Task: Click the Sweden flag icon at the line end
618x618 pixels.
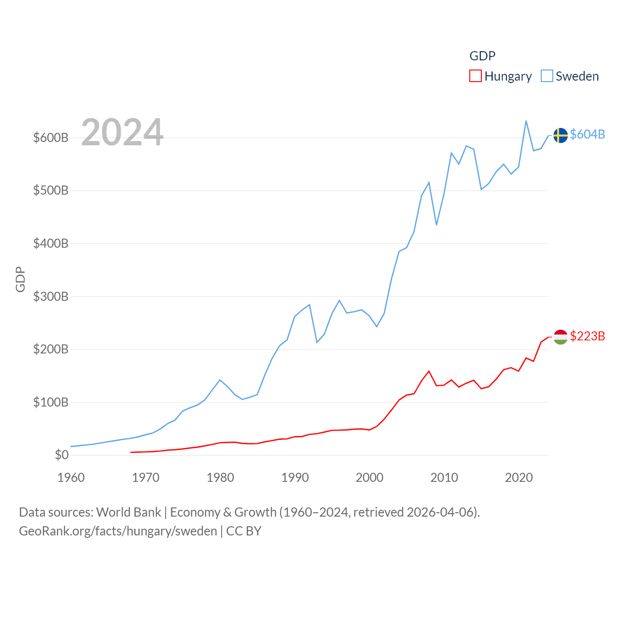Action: click(x=560, y=135)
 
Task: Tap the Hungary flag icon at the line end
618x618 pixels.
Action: click(x=560, y=337)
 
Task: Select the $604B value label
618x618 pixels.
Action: click(x=587, y=134)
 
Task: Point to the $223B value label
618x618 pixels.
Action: click(x=587, y=336)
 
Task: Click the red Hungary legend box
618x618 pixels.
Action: click(x=476, y=76)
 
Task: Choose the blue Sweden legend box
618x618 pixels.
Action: click(x=547, y=76)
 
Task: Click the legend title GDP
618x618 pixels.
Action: click(x=482, y=56)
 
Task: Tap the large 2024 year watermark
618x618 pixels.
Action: click(x=122, y=132)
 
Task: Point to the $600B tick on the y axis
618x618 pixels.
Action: click(x=51, y=138)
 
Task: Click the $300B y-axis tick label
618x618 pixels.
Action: click(x=51, y=296)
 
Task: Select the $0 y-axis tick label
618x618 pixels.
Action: click(x=61, y=455)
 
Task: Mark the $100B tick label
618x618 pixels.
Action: click(x=51, y=402)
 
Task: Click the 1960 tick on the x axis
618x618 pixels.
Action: click(x=71, y=478)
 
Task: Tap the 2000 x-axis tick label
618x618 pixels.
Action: click(x=369, y=478)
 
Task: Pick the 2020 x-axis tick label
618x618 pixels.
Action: click(x=519, y=478)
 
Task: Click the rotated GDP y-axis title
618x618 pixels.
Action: click(x=20, y=279)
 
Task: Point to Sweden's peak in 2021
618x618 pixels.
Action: click(x=526, y=121)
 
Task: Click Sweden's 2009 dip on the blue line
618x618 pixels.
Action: click(x=436, y=225)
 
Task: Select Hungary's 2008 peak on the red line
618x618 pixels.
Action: click(x=429, y=371)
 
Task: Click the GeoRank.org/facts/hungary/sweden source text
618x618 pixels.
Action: click(x=118, y=531)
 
